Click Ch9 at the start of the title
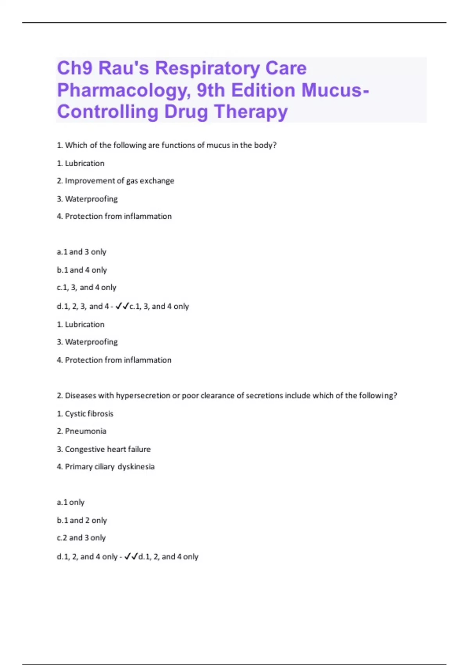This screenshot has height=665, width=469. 75,68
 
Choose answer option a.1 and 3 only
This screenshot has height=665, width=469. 82,252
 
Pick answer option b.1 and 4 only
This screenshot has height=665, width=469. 82,270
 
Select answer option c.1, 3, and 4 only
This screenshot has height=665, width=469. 87,288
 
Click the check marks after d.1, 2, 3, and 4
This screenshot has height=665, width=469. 122,306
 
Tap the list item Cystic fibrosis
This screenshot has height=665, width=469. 85,413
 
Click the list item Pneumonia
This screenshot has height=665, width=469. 82,431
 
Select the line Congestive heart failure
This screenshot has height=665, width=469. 104,449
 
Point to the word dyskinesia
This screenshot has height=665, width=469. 136,467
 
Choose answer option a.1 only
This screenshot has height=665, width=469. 71,502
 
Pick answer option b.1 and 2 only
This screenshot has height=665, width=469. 82,520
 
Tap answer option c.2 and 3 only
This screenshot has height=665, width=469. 81,538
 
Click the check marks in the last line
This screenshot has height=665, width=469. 131,557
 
